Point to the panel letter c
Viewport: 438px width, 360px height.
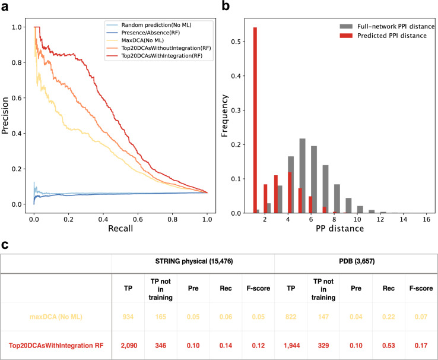tap(5, 245)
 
